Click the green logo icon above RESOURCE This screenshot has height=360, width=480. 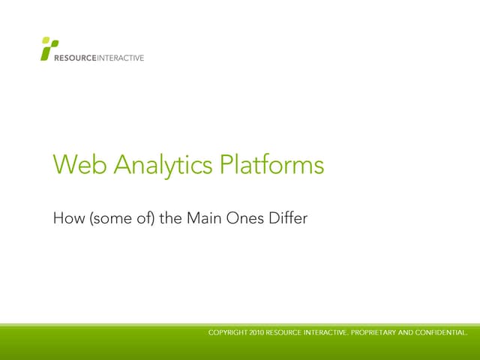(49, 46)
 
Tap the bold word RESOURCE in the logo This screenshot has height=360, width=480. (74, 58)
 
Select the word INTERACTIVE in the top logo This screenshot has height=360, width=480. (120, 58)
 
